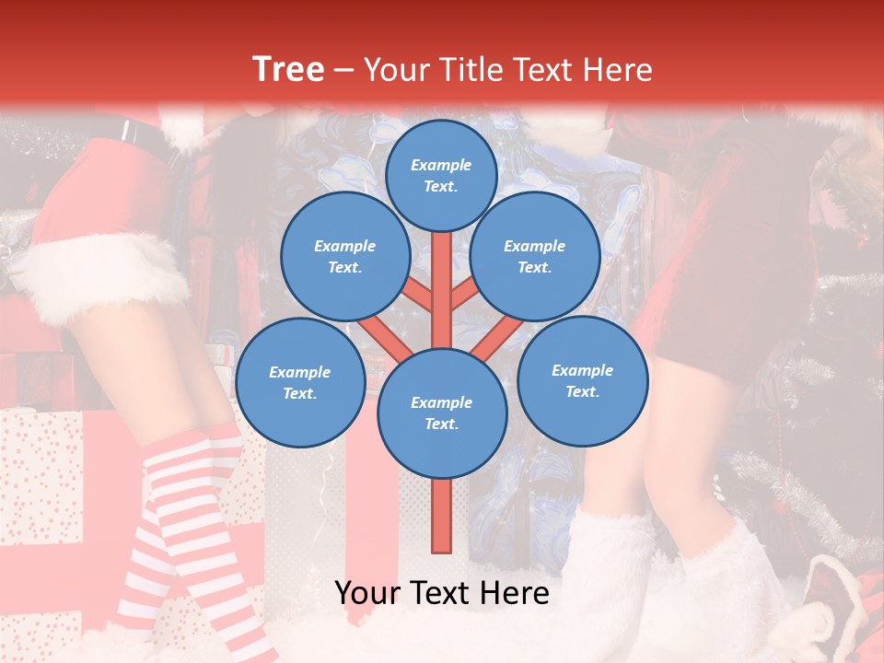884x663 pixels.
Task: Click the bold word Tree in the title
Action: [288, 69]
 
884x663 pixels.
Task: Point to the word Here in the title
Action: [619, 69]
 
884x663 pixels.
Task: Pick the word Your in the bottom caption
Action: [366, 593]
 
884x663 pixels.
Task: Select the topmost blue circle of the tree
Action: [441, 175]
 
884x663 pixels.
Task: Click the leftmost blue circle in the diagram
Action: [300, 383]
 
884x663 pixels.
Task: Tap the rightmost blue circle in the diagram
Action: [583, 381]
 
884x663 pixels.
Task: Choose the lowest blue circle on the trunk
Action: [442, 413]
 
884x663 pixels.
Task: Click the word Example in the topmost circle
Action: [441, 165]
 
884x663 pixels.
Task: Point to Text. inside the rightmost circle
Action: [582, 391]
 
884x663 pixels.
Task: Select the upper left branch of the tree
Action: [416, 295]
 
